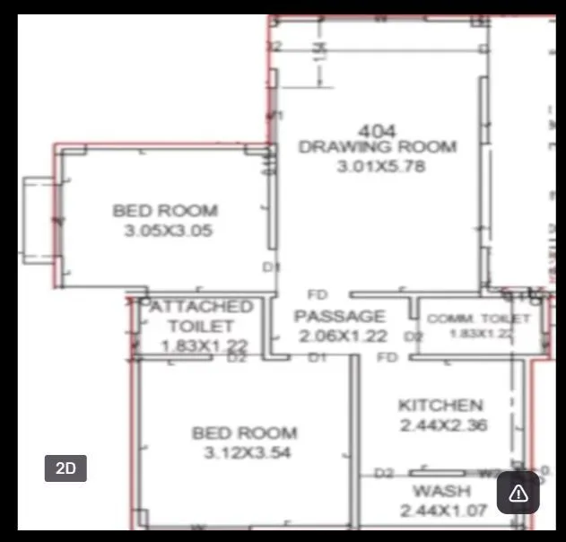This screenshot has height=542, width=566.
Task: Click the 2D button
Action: point(65,468)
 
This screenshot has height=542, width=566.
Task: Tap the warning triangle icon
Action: point(518,493)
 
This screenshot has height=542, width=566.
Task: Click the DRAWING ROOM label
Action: point(378,147)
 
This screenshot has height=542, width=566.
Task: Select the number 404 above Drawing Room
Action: point(378,131)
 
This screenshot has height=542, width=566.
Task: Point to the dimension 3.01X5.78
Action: point(381,166)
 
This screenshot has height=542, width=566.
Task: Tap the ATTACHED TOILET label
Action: point(201,316)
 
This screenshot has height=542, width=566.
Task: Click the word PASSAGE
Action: point(340,316)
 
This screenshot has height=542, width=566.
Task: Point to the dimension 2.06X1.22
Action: point(343,336)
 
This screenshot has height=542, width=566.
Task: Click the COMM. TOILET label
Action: point(478,319)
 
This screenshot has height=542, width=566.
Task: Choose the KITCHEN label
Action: point(440,406)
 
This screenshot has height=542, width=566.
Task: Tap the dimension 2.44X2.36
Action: point(443,425)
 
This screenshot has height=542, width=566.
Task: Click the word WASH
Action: point(440,491)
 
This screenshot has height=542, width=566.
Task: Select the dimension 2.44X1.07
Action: point(443,511)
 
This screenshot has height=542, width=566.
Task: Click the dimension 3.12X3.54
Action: point(245,453)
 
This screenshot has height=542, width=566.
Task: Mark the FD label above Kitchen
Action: point(387,358)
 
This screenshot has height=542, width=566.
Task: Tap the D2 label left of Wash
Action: point(384,473)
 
